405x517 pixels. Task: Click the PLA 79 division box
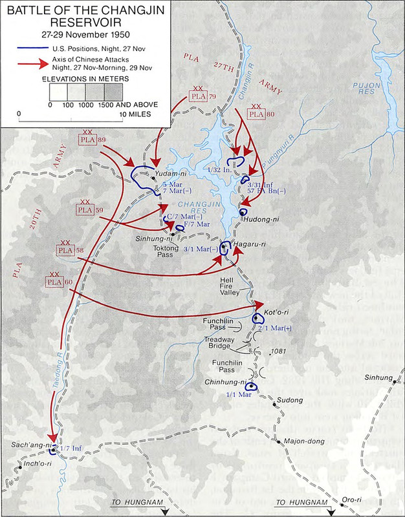[197, 97]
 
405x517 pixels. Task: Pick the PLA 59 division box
[85, 210]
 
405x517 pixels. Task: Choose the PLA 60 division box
[55, 282]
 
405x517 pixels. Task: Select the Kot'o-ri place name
[276, 315]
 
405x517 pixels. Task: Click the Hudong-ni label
[261, 219]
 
